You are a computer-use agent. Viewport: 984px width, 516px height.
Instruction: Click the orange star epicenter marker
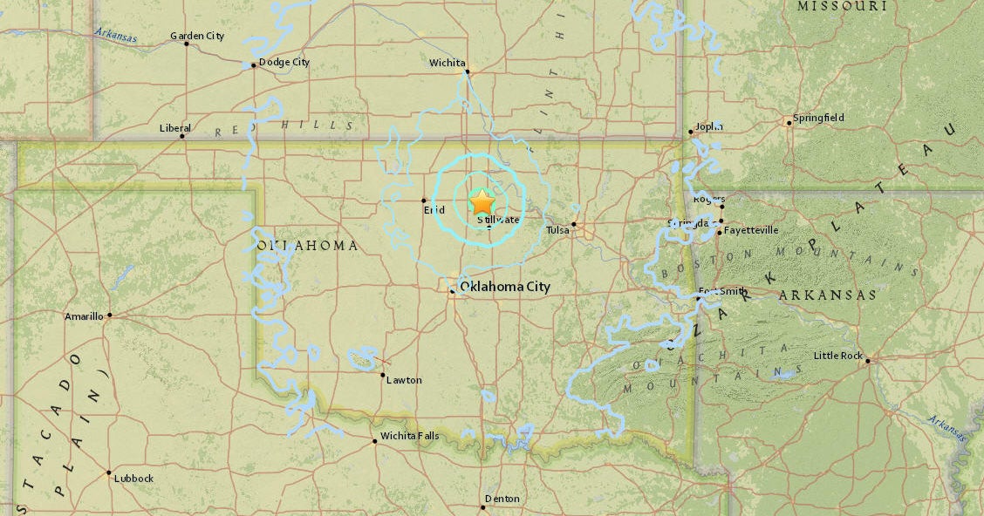482,201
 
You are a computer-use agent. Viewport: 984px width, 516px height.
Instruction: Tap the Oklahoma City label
505,287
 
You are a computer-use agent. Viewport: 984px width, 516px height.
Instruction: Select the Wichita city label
448,63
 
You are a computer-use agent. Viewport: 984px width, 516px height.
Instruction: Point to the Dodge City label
284,63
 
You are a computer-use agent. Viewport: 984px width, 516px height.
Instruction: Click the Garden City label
197,36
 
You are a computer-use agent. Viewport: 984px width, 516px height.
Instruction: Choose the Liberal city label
174,128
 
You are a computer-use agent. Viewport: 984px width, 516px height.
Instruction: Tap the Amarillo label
84,316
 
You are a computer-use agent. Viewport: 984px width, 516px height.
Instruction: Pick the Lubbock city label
134,479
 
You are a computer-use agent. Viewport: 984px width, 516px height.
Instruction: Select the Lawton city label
404,380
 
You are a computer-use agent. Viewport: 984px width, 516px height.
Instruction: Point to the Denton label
502,499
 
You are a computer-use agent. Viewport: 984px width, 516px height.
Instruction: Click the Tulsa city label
557,230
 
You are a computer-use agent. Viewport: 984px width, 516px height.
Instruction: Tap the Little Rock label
838,356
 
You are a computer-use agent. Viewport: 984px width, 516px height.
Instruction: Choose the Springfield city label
818,118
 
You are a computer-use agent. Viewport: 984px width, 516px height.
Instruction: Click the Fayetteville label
751,231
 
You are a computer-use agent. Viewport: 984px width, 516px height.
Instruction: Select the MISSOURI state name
842,6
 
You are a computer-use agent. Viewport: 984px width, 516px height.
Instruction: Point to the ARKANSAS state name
827,295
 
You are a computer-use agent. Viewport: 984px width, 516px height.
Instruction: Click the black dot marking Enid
424,200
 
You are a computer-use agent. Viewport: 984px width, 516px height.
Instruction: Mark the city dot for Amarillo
109,316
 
